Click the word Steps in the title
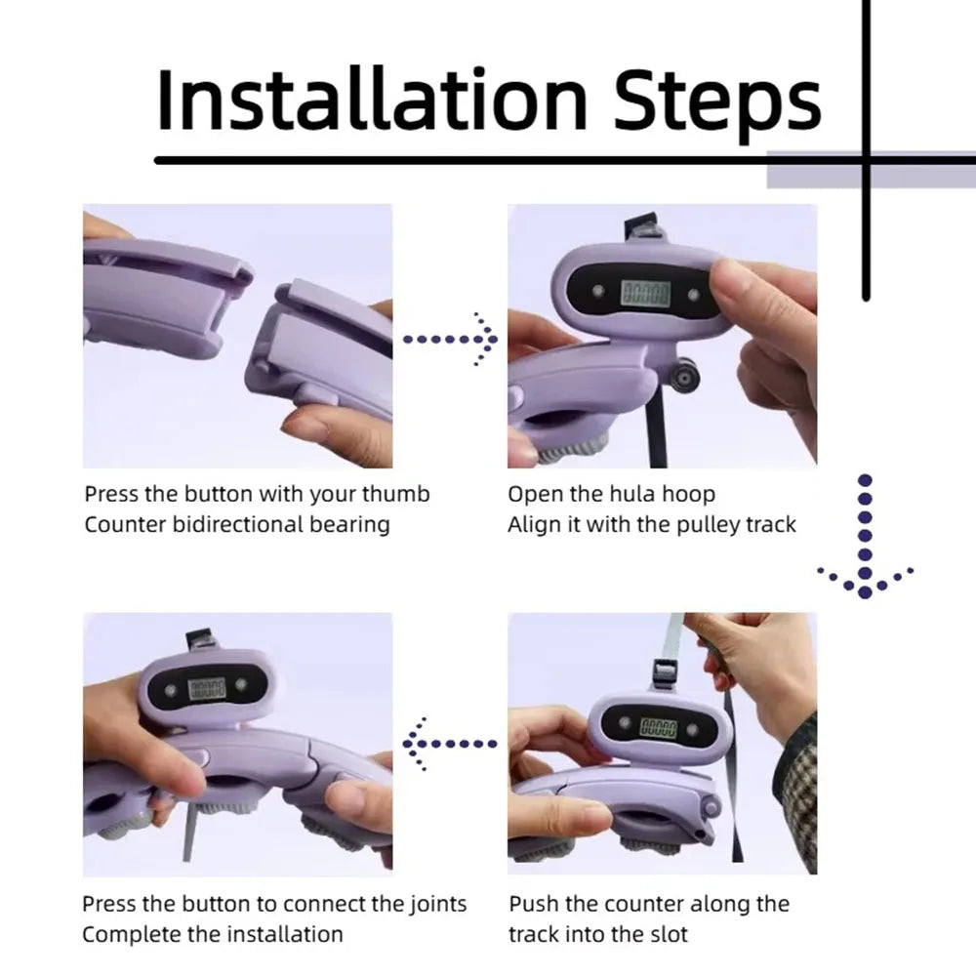point(717,105)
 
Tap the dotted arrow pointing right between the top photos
point(451,340)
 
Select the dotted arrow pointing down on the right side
point(865,537)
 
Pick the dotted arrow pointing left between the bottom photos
point(449,743)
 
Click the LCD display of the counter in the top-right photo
point(646,293)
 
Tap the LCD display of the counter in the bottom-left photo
point(207,688)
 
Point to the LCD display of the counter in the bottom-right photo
point(658,726)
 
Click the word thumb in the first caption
point(396,494)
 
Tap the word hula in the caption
point(631,494)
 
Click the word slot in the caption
point(667,934)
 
